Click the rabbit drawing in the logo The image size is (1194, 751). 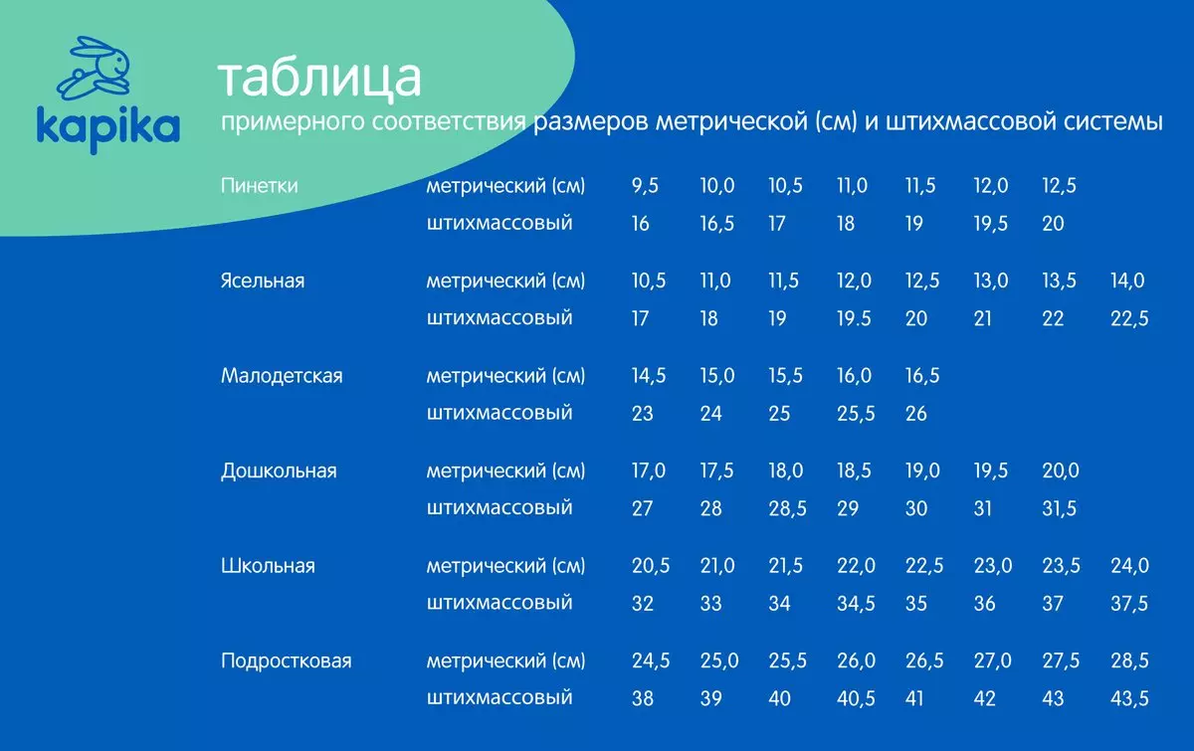click(95, 69)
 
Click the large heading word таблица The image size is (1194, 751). click(319, 79)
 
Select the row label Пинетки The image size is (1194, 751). click(259, 185)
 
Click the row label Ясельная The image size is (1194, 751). click(263, 281)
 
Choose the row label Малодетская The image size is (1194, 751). click(282, 376)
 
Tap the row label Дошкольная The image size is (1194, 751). click(279, 470)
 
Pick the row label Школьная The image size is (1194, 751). click(268, 566)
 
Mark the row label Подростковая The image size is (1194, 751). click(287, 660)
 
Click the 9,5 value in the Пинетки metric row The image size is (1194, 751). click(645, 185)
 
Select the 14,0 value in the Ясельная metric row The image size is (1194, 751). click(1126, 281)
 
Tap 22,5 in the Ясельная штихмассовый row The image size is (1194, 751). click(1129, 318)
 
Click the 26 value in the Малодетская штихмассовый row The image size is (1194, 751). click(915, 414)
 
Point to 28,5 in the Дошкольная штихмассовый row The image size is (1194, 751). click(787, 508)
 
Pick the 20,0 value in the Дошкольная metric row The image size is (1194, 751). click(1061, 470)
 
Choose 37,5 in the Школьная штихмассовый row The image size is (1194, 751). click(1129, 604)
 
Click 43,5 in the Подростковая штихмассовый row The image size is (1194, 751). click(1129, 698)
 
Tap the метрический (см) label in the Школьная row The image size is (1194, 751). click(505, 566)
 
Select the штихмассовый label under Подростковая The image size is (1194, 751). click(498, 697)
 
